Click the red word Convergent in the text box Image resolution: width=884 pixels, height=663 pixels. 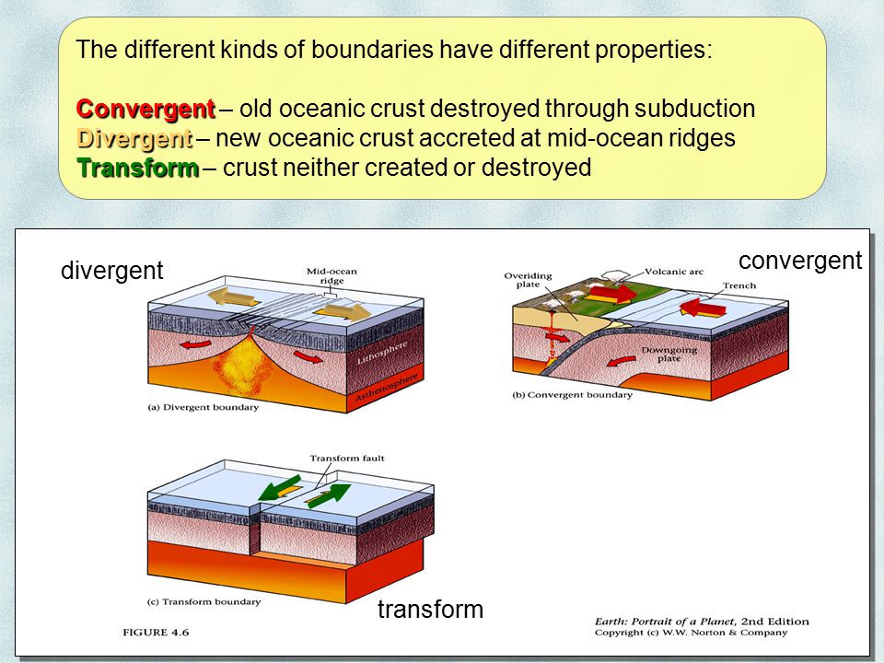click(145, 109)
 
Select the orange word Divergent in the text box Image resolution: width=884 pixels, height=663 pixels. click(134, 139)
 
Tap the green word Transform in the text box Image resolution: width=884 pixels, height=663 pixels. click(137, 169)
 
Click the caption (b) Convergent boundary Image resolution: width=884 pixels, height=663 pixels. click(572, 395)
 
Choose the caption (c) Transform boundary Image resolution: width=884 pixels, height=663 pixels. click(204, 601)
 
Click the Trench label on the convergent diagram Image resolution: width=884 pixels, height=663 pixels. click(738, 285)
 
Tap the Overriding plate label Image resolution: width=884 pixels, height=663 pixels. click(528, 280)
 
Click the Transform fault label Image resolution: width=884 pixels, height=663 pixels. click(342, 458)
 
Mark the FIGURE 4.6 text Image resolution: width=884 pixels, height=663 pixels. click(157, 632)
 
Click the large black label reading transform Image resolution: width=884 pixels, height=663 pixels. click(430, 609)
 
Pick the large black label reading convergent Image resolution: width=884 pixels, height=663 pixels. click(799, 261)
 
